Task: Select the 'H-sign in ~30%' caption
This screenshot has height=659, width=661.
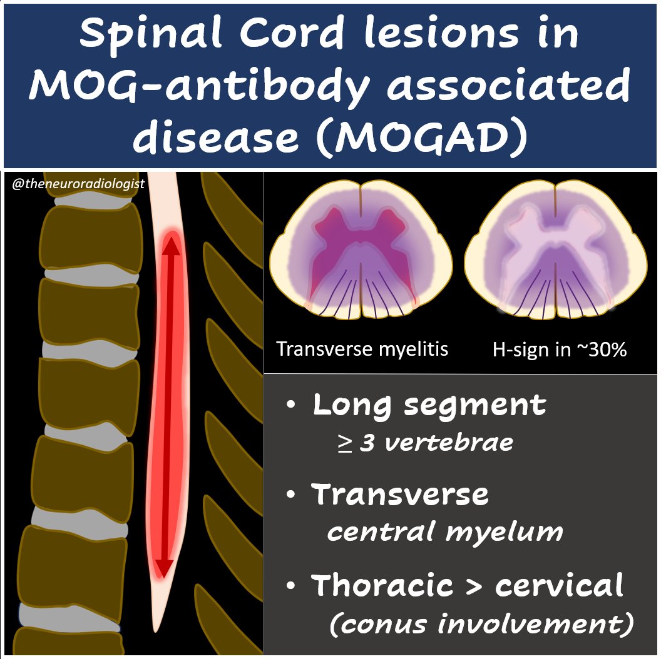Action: (559, 348)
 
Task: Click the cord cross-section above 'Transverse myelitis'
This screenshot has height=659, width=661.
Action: (361, 250)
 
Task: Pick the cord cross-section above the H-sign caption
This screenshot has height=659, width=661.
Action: (556, 250)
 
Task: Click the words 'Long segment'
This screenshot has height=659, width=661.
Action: (429, 405)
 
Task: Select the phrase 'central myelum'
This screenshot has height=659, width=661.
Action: (444, 532)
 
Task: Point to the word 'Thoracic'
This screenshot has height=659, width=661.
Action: (382, 585)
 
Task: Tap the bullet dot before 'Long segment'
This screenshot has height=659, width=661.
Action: (291, 405)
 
